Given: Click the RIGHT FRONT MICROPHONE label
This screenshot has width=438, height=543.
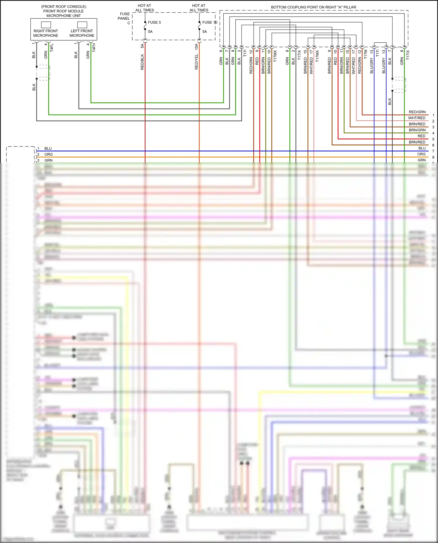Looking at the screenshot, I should tap(46, 33).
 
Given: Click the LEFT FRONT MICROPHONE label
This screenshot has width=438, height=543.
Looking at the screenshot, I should tap(82, 33).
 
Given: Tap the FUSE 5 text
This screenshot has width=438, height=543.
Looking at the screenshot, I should tap(154, 22).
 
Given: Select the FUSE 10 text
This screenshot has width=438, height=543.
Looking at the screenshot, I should tap(209, 22).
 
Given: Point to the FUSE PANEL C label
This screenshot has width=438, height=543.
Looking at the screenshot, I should tap(124, 18).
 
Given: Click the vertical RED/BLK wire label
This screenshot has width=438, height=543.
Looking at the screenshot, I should tap(142, 62).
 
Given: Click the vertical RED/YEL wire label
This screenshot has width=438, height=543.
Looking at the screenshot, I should tap(197, 62).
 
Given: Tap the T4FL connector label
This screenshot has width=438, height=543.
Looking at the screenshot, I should tap(52, 48).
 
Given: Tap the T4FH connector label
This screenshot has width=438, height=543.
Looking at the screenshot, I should tap(94, 48).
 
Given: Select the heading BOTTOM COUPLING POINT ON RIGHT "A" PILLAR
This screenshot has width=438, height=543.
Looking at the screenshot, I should tap(313, 7).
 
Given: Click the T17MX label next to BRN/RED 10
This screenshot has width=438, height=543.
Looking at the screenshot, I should tap(275, 55).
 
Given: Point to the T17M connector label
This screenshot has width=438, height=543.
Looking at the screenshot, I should tap(366, 54).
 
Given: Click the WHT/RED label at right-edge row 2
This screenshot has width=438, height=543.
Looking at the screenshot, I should tap(417, 118).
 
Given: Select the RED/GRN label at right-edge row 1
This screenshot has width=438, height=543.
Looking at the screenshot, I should tap(417, 112).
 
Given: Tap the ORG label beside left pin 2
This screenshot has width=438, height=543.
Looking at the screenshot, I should tap(48, 154).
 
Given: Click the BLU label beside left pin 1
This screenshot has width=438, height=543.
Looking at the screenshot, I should tap(48, 149).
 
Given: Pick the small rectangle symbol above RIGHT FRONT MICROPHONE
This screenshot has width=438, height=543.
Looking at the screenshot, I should tap(46, 25).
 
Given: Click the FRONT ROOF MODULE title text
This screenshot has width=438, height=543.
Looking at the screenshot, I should tap(63, 11).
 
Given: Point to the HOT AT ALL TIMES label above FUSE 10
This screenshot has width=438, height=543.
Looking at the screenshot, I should tap(199, 8).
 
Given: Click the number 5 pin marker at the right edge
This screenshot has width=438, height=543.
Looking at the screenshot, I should tap(433, 139).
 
